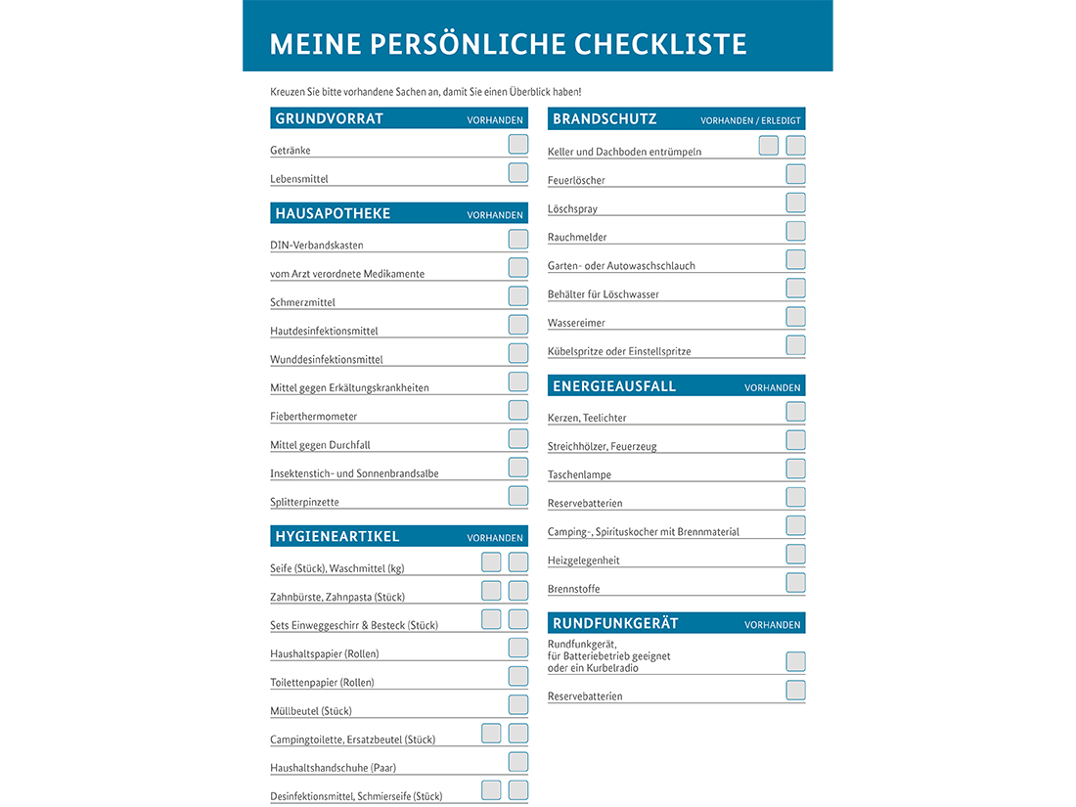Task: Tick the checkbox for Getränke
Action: click(518, 145)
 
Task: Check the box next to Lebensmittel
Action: click(518, 173)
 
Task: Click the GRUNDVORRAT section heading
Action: click(329, 119)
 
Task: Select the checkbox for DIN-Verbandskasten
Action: click(518, 240)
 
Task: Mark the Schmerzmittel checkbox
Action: click(518, 296)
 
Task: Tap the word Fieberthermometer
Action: click(313, 417)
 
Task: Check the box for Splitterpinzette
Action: click(518, 496)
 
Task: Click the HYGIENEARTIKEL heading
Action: click(337, 536)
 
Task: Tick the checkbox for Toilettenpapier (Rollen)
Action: click(518, 676)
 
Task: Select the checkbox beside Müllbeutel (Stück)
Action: click(518, 704)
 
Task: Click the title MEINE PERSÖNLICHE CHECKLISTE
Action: click(508, 44)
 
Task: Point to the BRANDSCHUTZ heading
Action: click(605, 119)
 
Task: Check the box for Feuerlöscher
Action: click(796, 175)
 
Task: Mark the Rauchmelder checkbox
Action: click(796, 232)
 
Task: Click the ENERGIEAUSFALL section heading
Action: click(614, 386)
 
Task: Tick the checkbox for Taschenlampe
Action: click(796, 469)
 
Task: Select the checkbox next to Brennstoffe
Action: click(796, 583)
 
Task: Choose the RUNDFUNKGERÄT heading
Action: click(615, 623)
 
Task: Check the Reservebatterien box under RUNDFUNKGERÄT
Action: click(796, 691)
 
